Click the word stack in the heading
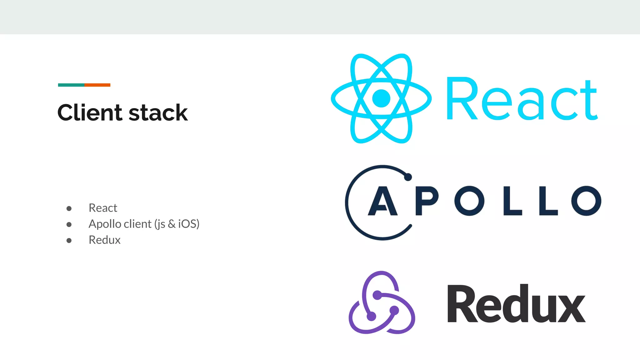click(158, 112)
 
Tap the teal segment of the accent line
click(71, 85)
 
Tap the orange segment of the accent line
click(97, 85)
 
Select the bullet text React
click(103, 208)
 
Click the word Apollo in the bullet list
click(104, 224)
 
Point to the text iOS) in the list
click(188, 224)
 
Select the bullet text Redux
click(104, 240)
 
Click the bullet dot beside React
click(69, 208)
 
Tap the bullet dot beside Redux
click(69, 240)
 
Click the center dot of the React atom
click(381, 98)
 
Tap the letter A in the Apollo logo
click(382, 201)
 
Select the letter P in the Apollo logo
click(427, 201)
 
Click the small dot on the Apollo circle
click(408, 177)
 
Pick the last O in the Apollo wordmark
click(586, 201)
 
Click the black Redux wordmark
click(516, 304)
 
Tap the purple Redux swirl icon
click(382, 303)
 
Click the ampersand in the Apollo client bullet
click(172, 224)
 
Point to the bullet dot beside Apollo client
click(69, 224)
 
